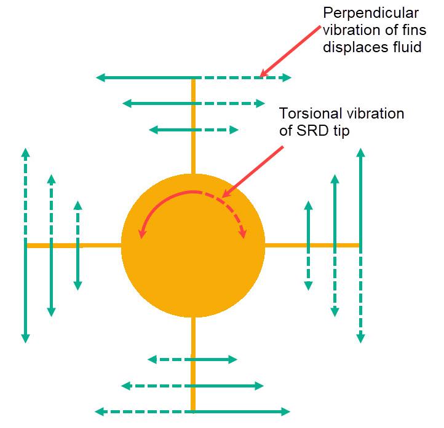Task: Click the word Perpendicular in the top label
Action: pos(363,13)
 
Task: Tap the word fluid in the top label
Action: pos(403,47)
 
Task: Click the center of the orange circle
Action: pos(193,245)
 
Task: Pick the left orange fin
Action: pos(73,246)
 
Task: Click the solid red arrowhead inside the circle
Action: pos(142,233)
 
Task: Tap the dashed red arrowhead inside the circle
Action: pos(244,233)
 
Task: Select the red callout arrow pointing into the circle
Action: pos(252,171)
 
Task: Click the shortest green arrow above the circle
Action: pos(194,130)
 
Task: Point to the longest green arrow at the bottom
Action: pos(194,411)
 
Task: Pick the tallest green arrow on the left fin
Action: pos(25,245)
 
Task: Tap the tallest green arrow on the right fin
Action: pos(360,245)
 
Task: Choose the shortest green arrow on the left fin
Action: pos(77,245)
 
